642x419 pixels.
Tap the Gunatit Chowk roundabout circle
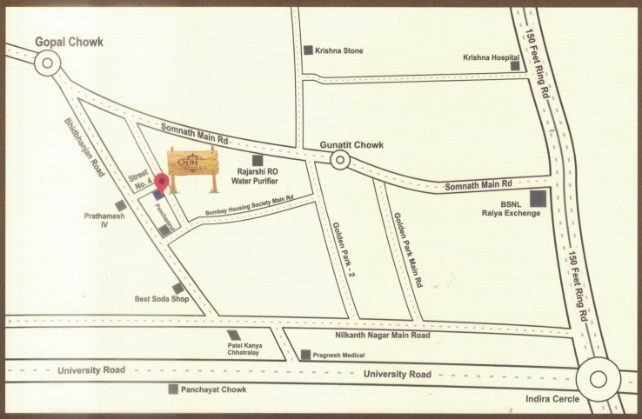point(339,159)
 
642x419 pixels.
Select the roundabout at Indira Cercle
point(598,378)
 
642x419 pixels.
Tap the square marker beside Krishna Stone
point(308,50)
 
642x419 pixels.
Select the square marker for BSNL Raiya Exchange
point(538,198)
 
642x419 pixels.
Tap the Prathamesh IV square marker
point(120,205)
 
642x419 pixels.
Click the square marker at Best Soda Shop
point(177,289)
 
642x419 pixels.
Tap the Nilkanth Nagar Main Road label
point(383,335)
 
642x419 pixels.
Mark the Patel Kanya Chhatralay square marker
point(233,336)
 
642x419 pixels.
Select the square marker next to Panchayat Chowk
point(174,389)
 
